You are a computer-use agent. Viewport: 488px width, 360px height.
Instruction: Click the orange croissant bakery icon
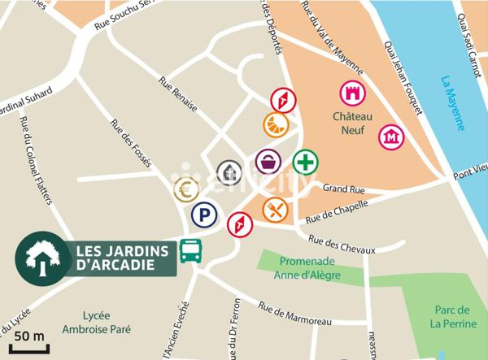[275, 125]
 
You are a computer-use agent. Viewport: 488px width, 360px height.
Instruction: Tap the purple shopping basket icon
[268, 162]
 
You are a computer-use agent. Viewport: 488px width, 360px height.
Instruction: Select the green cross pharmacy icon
[305, 163]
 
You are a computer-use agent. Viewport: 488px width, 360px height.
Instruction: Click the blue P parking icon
[204, 215]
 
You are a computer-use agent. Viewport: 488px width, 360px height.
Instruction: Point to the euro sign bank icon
[186, 190]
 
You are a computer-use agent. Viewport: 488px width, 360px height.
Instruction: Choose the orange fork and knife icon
[275, 210]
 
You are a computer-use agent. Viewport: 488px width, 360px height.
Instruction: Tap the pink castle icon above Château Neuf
[353, 93]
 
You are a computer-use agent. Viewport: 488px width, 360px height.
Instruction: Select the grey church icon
[229, 172]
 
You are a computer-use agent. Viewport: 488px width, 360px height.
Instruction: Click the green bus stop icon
[191, 251]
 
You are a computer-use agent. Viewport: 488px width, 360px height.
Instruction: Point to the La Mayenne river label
[452, 103]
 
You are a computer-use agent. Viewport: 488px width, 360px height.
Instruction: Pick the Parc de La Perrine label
[452, 316]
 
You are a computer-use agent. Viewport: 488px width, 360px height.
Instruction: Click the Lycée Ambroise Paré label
[106, 323]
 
